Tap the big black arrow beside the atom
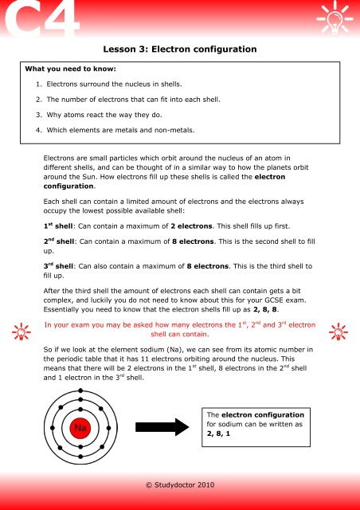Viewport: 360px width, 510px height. (x=157, y=428)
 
